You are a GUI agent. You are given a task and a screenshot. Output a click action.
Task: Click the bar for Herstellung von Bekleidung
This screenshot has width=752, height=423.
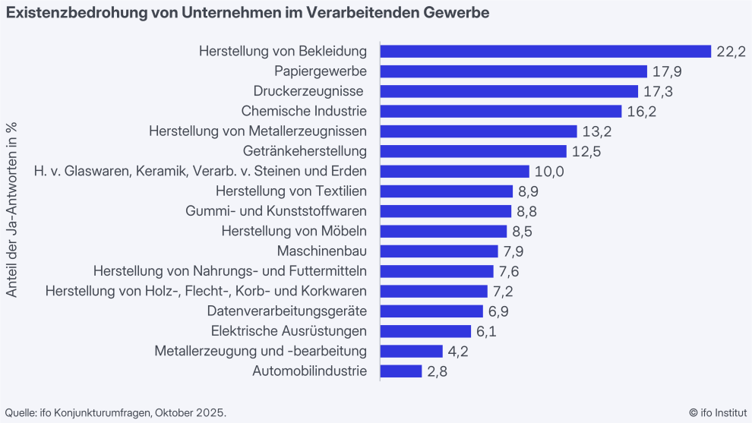545,52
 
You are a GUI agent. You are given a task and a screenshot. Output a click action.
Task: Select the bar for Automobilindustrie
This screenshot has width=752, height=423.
401,371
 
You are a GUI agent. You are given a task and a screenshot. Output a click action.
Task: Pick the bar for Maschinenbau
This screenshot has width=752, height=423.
439,251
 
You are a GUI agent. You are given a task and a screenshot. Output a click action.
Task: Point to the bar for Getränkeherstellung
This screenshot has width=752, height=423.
473,151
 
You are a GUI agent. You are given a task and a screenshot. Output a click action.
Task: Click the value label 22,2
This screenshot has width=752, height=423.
731,52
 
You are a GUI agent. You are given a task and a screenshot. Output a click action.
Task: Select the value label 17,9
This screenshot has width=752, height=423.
667,71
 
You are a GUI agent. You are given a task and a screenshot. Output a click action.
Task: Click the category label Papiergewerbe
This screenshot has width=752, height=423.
321,71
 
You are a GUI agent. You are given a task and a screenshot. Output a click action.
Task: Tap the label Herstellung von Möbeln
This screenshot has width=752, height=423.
294,231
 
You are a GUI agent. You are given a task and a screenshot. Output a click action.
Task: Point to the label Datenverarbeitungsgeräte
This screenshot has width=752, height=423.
287,311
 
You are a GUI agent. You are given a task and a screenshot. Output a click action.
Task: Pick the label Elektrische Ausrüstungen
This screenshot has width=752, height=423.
289,331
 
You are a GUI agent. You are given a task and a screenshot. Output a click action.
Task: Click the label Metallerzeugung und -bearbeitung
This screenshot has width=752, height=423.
261,351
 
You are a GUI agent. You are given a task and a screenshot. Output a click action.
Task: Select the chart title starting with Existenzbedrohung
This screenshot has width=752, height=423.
248,14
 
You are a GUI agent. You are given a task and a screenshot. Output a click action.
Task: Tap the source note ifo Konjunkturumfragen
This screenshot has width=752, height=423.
116,412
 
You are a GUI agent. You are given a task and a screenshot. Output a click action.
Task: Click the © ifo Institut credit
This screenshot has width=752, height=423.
717,412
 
